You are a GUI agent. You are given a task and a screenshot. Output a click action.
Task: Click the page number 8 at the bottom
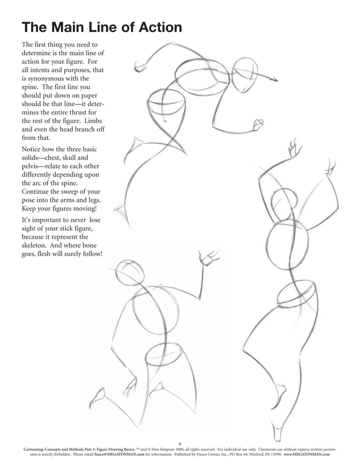(x=180, y=443)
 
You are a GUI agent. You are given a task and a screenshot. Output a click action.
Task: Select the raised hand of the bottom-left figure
(x=207, y=258)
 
